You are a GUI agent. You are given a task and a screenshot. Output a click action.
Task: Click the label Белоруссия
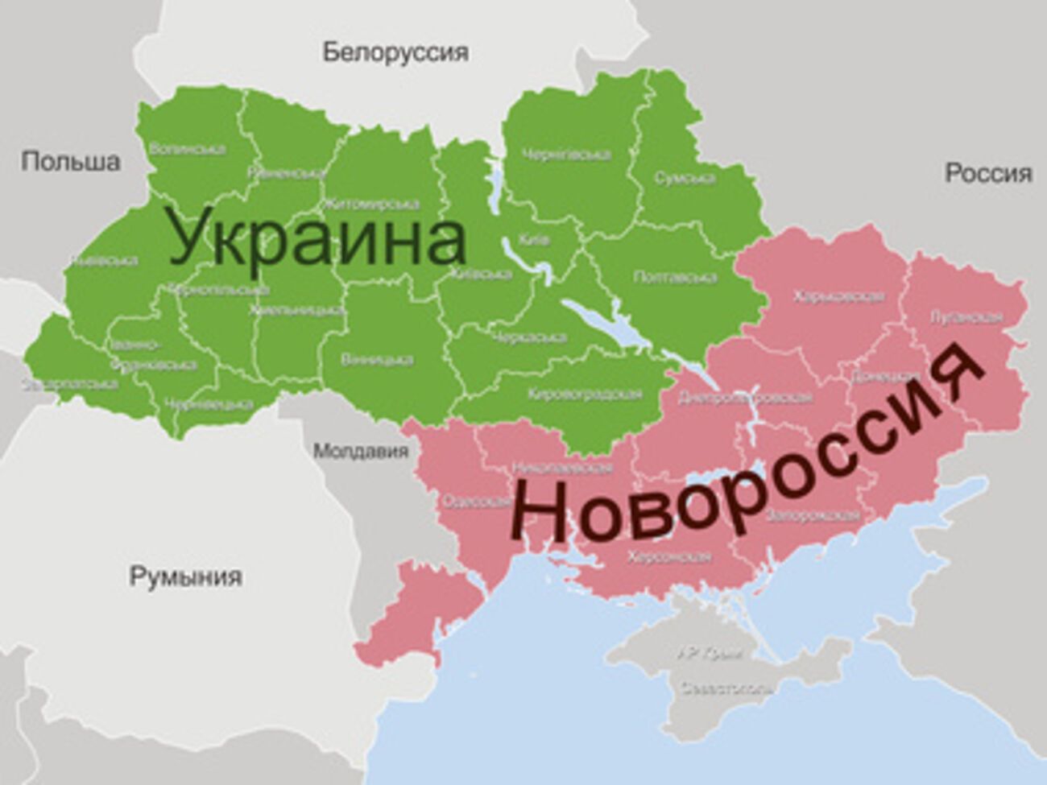coord(395,53)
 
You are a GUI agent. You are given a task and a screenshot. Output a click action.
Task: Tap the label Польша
coord(71,161)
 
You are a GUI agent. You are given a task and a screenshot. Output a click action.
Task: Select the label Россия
coord(988,173)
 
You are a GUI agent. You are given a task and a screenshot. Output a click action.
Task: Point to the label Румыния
coord(185,576)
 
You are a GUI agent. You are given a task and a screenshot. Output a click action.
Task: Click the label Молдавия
coord(361,451)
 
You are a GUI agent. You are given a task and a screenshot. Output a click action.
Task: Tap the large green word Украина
coord(317,238)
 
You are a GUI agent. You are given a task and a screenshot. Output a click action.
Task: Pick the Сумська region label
coord(684,178)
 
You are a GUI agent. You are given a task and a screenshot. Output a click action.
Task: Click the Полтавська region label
coord(675,278)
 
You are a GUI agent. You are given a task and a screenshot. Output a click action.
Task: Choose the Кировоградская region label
coord(585,394)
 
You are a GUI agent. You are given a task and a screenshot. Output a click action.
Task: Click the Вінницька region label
coord(376,360)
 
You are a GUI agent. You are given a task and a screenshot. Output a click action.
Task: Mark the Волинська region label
coord(187,149)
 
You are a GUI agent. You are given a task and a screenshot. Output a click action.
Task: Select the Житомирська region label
coord(371,204)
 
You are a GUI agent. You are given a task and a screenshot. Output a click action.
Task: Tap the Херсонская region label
coord(668,556)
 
